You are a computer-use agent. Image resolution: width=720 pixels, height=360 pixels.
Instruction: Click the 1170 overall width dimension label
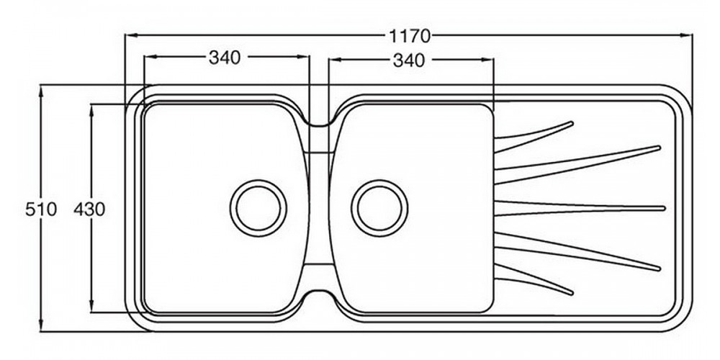(409, 35)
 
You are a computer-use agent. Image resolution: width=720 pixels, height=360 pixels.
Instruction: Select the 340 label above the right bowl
(409, 61)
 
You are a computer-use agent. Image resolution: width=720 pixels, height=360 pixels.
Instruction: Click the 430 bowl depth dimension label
(89, 210)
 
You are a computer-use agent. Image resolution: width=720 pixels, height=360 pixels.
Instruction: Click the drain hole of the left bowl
(258, 207)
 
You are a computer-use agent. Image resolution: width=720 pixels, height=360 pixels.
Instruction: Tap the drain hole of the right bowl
(379, 208)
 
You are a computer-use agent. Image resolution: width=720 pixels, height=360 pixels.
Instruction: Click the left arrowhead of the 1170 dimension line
(130, 34)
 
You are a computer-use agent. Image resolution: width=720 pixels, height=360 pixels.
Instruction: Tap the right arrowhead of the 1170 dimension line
(688, 34)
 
